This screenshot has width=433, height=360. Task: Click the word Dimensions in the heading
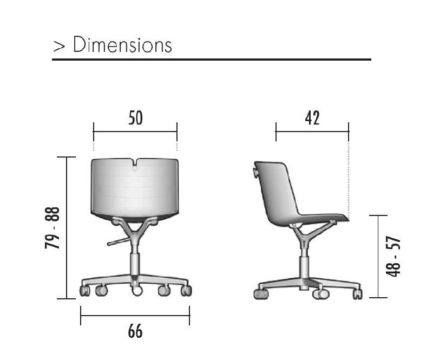tap(122, 44)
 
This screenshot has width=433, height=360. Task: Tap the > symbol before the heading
tap(59, 46)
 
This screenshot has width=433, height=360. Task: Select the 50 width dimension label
tap(136, 117)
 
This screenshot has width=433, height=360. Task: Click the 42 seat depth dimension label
tap(312, 117)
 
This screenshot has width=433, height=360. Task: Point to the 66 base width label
tap(135, 331)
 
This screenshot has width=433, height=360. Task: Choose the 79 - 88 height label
tap(52, 228)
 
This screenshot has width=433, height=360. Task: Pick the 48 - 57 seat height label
tap(393, 257)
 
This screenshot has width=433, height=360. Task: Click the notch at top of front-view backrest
tap(134, 164)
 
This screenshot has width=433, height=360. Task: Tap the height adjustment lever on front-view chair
tap(119, 241)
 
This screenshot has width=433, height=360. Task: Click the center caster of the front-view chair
tap(137, 291)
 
